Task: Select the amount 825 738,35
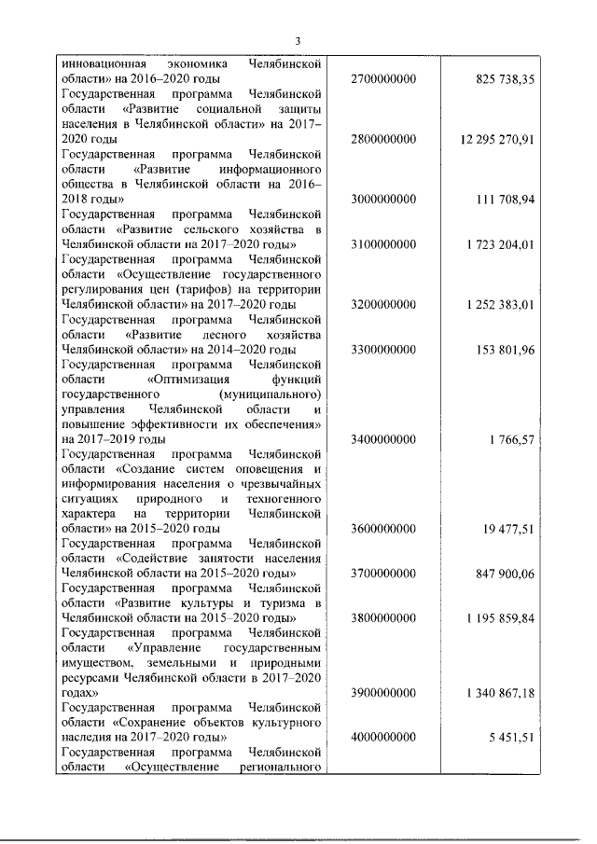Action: click(502, 80)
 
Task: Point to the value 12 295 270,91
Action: click(496, 140)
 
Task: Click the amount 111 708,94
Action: click(502, 200)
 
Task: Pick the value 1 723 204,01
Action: click(498, 244)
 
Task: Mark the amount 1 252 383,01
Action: click(498, 304)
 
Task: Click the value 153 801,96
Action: click(502, 349)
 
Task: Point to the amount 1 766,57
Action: click(508, 438)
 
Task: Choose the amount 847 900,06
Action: click(502, 573)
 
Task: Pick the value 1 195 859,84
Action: click(498, 617)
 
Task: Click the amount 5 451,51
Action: click(508, 737)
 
